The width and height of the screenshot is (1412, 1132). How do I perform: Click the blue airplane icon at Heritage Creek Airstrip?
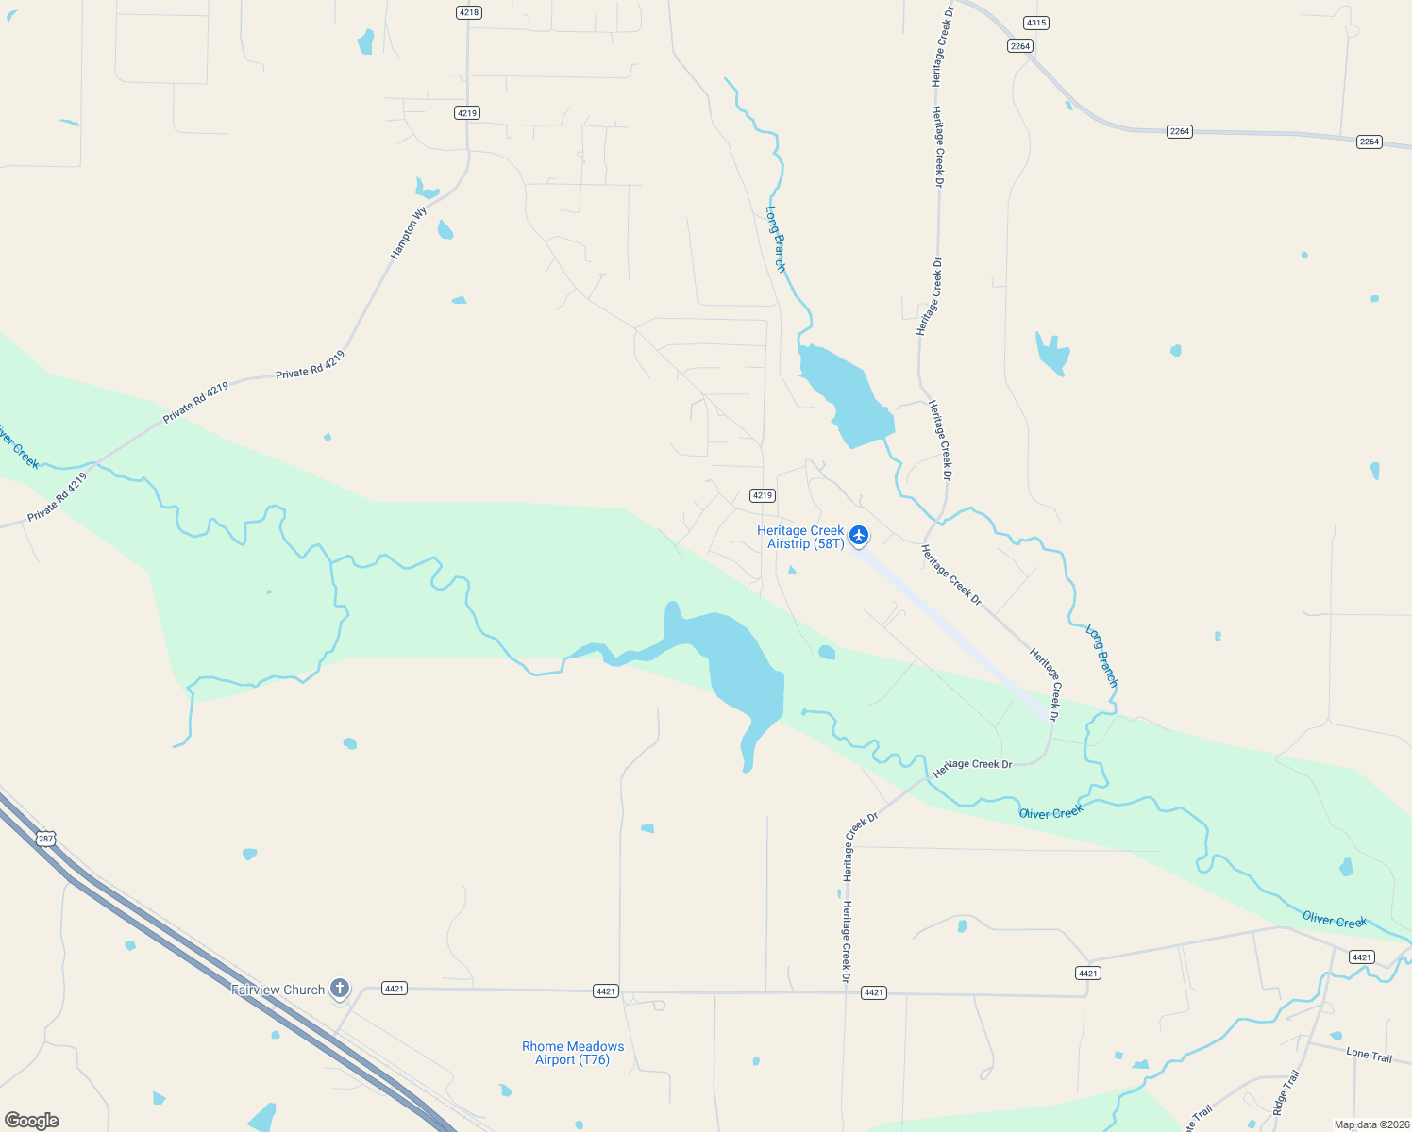point(858,536)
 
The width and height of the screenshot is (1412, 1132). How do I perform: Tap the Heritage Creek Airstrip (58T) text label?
point(800,538)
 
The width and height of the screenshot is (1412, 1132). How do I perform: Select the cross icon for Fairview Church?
point(340,989)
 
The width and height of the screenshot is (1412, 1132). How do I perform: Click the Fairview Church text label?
point(277,990)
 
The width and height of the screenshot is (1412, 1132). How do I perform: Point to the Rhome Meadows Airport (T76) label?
point(573,1053)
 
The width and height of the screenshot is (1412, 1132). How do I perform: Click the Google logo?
point(31,1121)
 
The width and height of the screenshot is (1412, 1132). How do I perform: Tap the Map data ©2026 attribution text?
point(1371,1124)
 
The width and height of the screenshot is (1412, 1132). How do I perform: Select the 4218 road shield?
point(468,12)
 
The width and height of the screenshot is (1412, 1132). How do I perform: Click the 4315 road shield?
point(1035,23)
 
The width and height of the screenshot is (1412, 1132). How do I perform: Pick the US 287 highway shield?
point(46,838)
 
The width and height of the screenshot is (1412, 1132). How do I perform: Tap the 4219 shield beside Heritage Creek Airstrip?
point(762,495)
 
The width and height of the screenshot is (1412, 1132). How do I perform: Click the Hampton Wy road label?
point(409,233)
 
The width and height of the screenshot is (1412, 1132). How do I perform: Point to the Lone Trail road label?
point(1369,1055)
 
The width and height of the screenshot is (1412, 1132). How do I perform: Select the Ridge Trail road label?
point(1286,1092)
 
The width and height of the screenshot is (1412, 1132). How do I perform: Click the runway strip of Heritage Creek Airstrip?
point(953,632)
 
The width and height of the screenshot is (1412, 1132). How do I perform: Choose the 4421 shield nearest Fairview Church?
point(394,989)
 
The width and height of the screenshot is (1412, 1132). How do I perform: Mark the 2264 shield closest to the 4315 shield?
point(1020,46)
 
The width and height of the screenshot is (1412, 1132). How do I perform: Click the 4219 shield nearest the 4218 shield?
point(467,113)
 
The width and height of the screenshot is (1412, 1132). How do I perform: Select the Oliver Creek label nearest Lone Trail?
point(1334,920)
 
